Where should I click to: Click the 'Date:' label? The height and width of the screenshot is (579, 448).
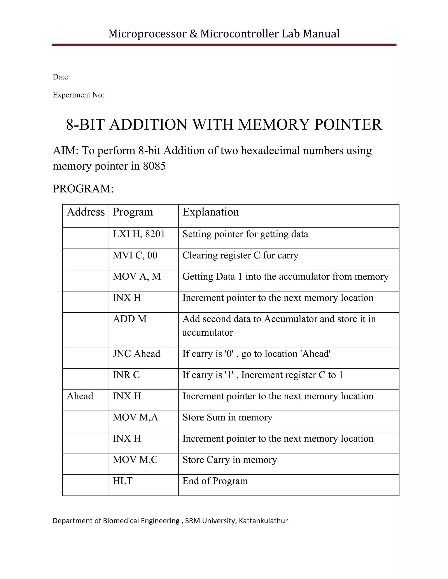click(x=61, y=77)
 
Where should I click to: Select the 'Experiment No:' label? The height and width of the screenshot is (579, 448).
click(x=78, y=95)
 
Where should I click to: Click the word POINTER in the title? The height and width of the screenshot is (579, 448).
click(x=348, y=125)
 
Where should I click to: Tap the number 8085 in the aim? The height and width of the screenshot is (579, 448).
click(x=154, y=166)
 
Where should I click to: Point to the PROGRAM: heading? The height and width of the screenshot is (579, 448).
click(x=83, y=189)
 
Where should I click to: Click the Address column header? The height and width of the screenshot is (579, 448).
click(x=86, y=212)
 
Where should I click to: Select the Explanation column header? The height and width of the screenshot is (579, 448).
click(x=211, y=212)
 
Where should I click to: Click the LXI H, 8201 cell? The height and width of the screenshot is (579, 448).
click(x=139, y=234)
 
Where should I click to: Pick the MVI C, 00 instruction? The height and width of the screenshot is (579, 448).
click(x=135, y=255)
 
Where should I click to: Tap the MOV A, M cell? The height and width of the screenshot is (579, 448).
click(x=137, y=277)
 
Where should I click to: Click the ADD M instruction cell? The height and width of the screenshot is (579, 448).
click(x=129, y=319)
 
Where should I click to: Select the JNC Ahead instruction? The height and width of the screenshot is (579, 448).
click(x=136, y=354)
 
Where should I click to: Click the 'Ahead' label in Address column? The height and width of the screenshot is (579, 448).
click(x=80, y=396)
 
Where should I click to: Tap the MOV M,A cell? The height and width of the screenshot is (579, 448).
click(x=135, y=417)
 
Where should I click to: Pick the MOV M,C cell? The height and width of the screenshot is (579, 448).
click(x=135, y=460)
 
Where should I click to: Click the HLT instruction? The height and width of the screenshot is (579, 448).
click(x=123, y=481)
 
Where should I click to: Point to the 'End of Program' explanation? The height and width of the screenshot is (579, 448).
click(x=215, y=481)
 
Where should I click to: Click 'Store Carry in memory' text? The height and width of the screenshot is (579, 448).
click(x=229, y=460)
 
